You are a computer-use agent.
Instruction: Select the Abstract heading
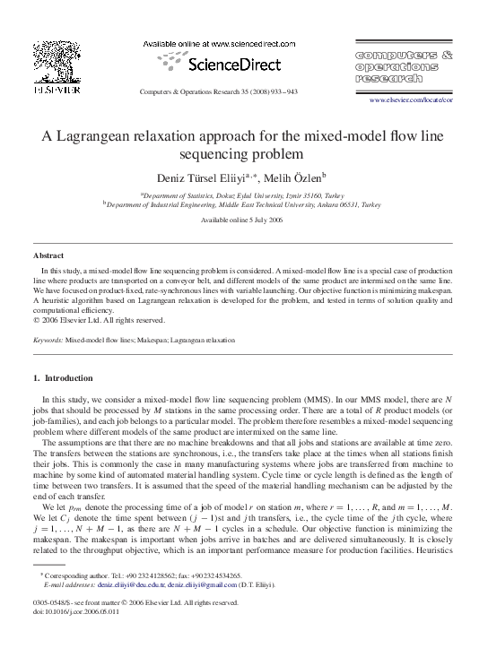(48, 255)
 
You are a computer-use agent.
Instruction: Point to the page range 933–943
(280, 92)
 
